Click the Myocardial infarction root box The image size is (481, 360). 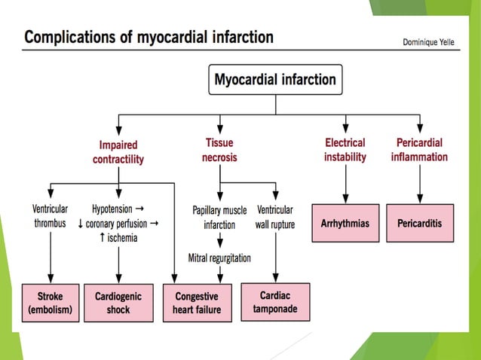(276, 80)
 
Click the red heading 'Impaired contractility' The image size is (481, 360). (118, 151)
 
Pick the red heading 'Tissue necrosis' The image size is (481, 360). (219, 149)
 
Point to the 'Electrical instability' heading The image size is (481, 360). (345, 149)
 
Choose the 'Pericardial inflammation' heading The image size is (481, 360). (419, 149)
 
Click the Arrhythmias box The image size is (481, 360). (345, 224)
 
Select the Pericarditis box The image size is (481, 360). (420, 224)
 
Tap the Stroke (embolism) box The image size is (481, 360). (51, 303)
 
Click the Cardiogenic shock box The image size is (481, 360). (118, 303)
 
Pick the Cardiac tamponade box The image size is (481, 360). (275, 301)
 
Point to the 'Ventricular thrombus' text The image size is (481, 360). (50, 216)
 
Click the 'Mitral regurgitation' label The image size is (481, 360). (219, 258)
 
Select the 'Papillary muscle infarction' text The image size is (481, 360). (219, 217)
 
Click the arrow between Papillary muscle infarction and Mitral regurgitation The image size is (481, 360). (219, 241)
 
